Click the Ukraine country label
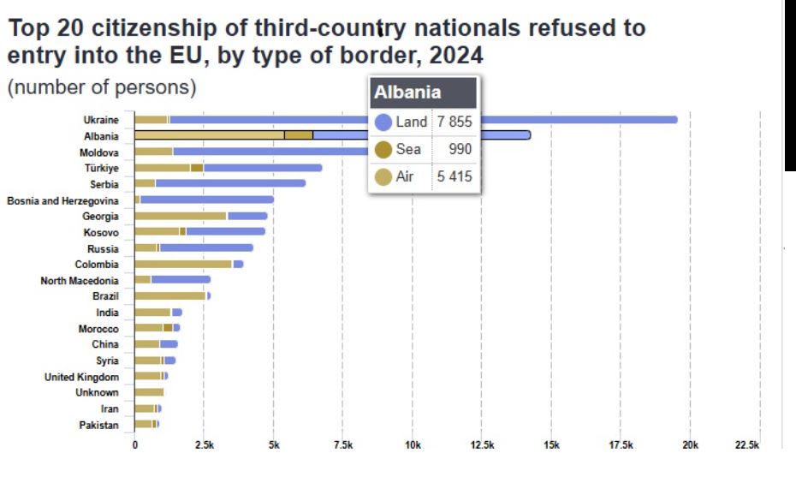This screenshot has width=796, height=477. (x=101, y=120)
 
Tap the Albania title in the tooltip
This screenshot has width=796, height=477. (x=407, y=92)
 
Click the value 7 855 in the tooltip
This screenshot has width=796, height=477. (x=454, y=122)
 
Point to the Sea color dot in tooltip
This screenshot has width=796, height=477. (x=383, y=150)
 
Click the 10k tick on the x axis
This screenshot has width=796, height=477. (x=413, y=446)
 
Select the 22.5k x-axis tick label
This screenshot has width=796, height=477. (x=746, y=446)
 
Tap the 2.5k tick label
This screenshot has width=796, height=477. (x=204, y=446)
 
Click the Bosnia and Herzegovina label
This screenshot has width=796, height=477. (x=62, y=200)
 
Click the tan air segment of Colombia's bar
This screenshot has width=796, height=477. (x=183, y=264)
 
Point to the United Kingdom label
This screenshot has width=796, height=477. (x=81, y=377)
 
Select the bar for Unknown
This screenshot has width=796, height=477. (x=149, y=392)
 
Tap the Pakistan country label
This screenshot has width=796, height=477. (x=98, y=425)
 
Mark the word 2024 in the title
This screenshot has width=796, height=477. (x=456, y=57)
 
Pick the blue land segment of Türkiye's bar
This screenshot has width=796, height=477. (x=262, y=168)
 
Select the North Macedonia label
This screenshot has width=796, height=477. (x=80, y=280)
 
